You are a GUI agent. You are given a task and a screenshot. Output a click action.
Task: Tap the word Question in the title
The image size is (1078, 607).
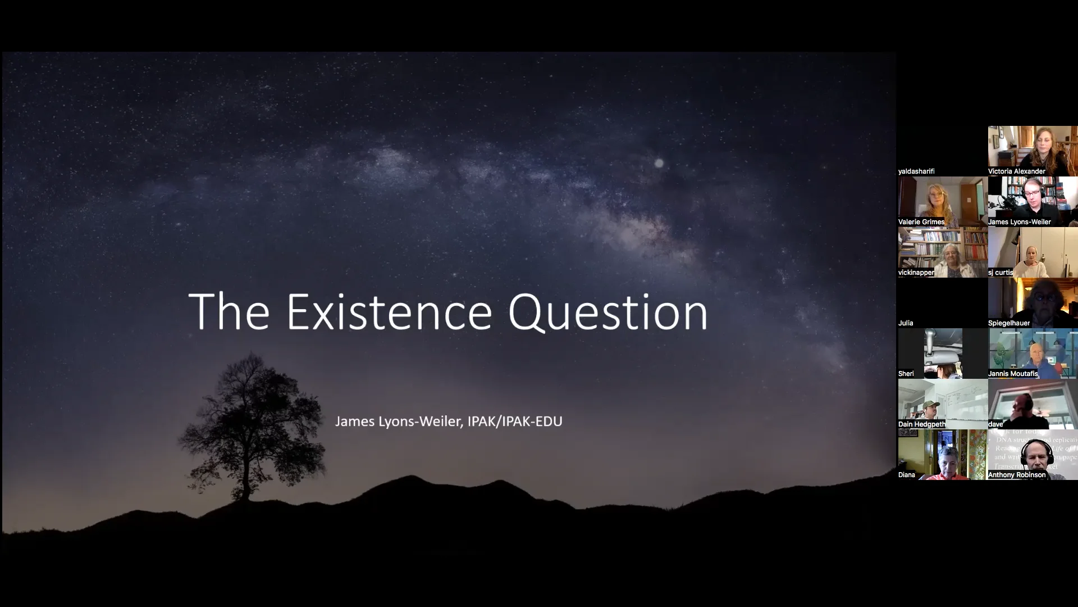point(608,312)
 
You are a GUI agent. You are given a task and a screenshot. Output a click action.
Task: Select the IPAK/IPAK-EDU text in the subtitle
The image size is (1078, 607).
point(515,422)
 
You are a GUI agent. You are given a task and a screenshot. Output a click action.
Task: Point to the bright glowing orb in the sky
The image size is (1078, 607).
point(659,164)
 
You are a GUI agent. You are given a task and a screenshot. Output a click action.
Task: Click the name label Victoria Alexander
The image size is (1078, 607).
point(1016,171)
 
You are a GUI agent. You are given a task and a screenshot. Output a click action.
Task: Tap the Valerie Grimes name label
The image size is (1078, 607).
point(921,222)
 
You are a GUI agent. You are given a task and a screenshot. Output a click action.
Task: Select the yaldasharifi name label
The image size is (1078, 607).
point(916,171)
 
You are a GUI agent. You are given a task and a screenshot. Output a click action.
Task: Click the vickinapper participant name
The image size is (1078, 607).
point(916,273)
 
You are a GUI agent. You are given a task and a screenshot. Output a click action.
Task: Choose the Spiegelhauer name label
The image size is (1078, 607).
point(1009,323)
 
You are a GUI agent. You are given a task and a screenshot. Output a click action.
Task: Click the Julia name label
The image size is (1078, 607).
point(906,323)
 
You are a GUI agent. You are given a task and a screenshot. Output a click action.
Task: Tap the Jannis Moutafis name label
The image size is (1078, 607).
point(1013,374)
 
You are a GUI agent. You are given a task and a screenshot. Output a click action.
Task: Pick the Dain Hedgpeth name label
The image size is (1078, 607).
point(922,424)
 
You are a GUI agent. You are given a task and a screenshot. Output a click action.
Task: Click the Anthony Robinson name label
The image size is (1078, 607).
point(1017,475)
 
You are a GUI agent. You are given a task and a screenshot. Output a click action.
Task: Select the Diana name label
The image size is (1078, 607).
point(907,475)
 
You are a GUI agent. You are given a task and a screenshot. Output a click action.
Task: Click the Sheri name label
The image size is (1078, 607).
point(906,374)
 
